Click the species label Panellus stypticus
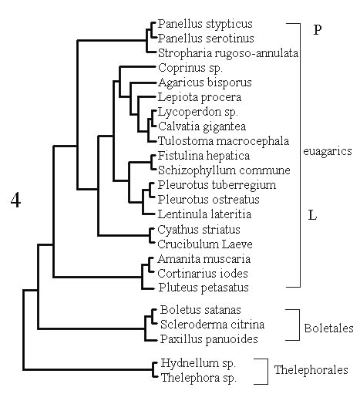point(205,24)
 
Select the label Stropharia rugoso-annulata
point(228,53)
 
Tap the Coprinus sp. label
point(190,68)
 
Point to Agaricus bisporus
point(205,83)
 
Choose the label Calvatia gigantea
point(202,126)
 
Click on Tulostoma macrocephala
point(224,141)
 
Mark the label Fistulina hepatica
point(204,156)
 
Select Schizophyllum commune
point(224,170)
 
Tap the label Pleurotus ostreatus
point(209,200)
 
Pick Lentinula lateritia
point(204,214)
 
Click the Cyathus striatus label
point(199,230)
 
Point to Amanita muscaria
point(204,259)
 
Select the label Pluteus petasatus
point(204,288)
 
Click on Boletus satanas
point(200,310)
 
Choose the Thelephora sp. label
point(199,378)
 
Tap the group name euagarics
point(328,151)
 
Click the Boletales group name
point(329,328)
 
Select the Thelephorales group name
point(311,370)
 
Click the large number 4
point(15,200)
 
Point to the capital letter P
point(318,30)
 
